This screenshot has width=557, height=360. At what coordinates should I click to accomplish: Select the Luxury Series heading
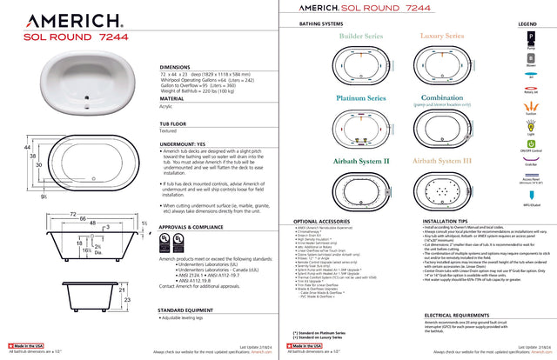click(x=445, y=37)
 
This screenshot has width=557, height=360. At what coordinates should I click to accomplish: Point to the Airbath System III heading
click(x=445, y=161)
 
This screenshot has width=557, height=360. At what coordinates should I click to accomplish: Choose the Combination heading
click(x=445, y=98)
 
